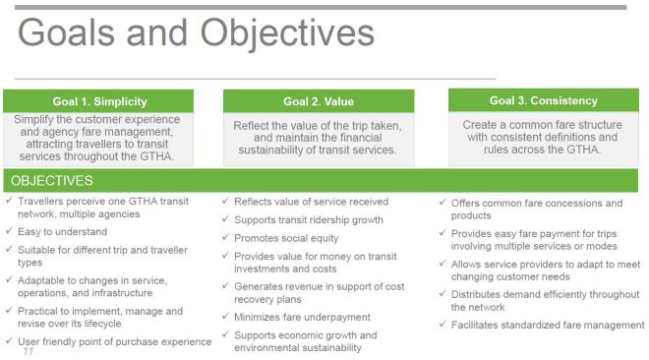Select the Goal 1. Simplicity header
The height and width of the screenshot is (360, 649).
[97, 100]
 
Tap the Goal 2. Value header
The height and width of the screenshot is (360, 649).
[319, 101]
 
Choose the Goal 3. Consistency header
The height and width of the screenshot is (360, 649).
[543, 100]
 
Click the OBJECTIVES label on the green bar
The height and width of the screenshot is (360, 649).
[52, 181]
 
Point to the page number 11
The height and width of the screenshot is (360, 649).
[29, 349]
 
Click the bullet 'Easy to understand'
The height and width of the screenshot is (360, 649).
[65, 232]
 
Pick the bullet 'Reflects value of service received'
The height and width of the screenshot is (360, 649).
[311, 202]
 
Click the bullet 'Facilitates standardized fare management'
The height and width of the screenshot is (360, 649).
[548, 325]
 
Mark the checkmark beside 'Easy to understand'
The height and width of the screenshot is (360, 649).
[9, 232]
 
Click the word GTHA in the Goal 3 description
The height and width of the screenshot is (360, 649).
[581, 150]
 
